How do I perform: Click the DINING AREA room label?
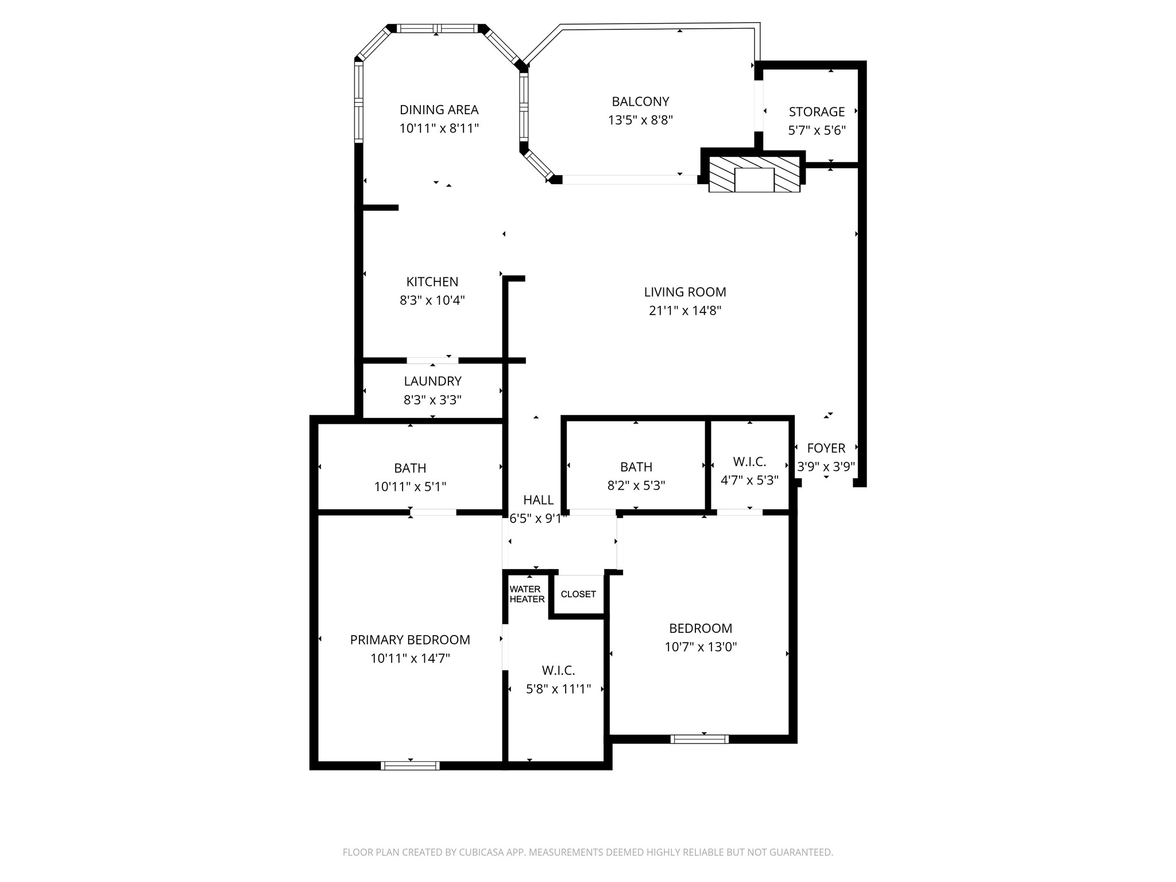coord(439,110)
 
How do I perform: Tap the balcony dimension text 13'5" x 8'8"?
coord(640,120)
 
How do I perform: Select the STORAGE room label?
coord(817,112)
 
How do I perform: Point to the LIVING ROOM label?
coord(684,292)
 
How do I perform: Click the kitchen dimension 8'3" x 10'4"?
coord(432,300)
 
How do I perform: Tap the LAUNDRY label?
coord(432,381)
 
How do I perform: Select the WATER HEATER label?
coord(527,594)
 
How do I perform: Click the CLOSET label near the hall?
coord(578,594)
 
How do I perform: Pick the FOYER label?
coord(826,448)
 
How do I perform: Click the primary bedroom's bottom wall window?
coord(410,765)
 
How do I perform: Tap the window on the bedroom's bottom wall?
coord(699,739)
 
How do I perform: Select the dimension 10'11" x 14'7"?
coord(410,658)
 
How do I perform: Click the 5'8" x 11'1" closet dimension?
coord(558,689)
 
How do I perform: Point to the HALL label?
coord(538,500)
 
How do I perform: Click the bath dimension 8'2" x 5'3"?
coord(636,485)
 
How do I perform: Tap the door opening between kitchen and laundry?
coord(432,361)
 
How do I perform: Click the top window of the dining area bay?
coord(438,29)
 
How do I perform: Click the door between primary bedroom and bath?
coord(434,512)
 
